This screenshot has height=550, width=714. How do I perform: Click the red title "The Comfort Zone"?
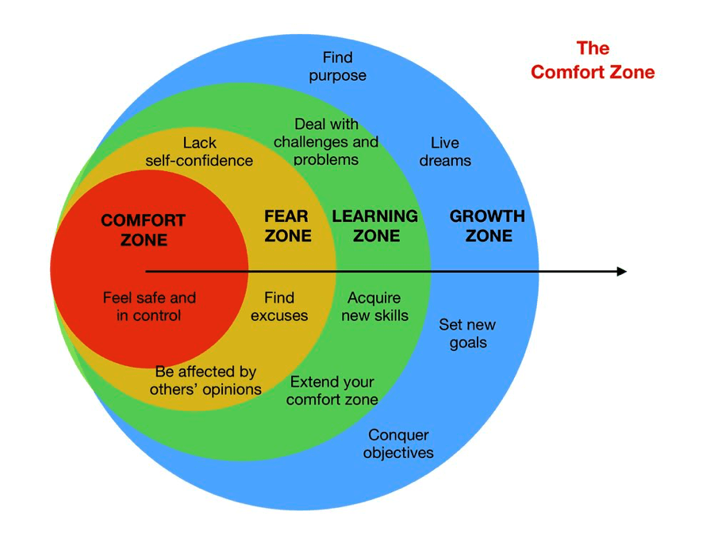593,60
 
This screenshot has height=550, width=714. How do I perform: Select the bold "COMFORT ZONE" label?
144,230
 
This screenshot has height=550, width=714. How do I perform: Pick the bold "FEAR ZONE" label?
288,226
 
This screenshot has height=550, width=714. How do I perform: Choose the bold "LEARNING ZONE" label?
375,226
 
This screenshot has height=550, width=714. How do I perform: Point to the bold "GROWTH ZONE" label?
488,226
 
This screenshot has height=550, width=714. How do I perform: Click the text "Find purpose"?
337,67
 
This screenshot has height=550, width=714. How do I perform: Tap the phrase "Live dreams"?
445,151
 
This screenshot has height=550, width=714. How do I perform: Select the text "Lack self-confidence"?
199,151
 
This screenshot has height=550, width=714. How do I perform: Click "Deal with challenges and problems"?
326,142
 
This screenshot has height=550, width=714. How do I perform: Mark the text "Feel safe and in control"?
149,307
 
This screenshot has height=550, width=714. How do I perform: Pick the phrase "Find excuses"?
279,307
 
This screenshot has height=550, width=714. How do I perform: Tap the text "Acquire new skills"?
374,307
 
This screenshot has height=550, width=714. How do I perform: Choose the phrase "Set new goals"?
467,334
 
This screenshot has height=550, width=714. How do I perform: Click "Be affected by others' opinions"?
205,380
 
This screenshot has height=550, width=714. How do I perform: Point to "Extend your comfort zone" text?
332,391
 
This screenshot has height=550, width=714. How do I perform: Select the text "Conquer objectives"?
398,444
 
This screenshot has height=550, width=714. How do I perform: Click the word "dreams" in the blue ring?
445,161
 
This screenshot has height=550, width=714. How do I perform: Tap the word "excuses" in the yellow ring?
279,315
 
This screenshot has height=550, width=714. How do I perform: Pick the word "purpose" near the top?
337,76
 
